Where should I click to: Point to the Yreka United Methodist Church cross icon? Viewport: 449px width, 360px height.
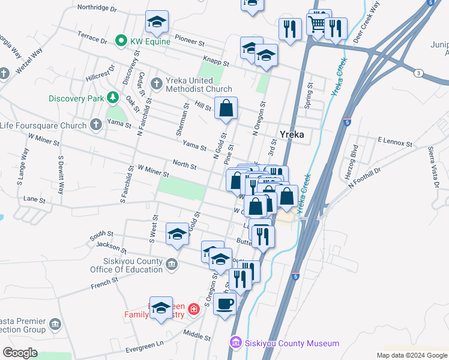(x=157, y=82)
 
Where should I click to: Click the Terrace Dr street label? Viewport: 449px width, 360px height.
(x=92, y=38)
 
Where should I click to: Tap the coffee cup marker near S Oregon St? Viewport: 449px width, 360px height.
(x=225, y=304)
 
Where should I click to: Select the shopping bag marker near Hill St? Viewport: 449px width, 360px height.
(x=226, y=109)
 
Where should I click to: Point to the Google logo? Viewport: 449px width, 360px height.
(x=20, y=353)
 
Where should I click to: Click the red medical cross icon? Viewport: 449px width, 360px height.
(x=193, y=309)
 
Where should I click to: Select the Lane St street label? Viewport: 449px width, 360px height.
(x=34, y=199)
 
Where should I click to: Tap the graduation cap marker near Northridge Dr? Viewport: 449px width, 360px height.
(x=157, y=22)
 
